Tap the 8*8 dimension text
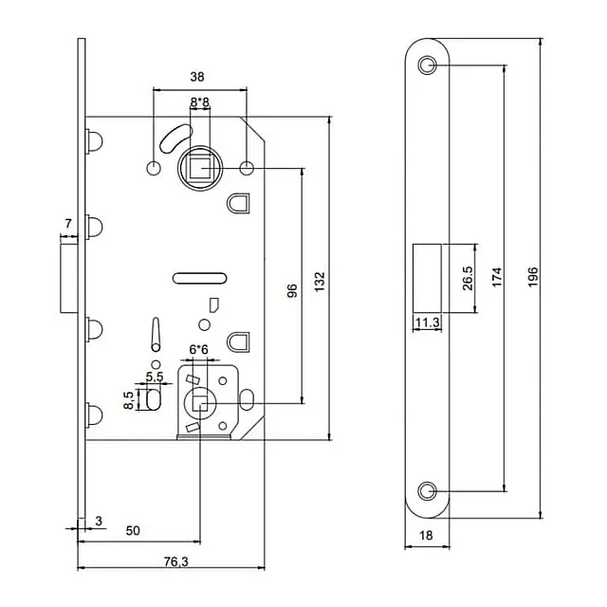200,101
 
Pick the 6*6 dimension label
199,350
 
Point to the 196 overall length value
532,276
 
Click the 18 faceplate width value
426,537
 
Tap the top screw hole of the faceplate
427,65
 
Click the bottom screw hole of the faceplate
427,489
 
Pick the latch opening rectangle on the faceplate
427,276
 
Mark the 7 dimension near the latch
67,224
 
